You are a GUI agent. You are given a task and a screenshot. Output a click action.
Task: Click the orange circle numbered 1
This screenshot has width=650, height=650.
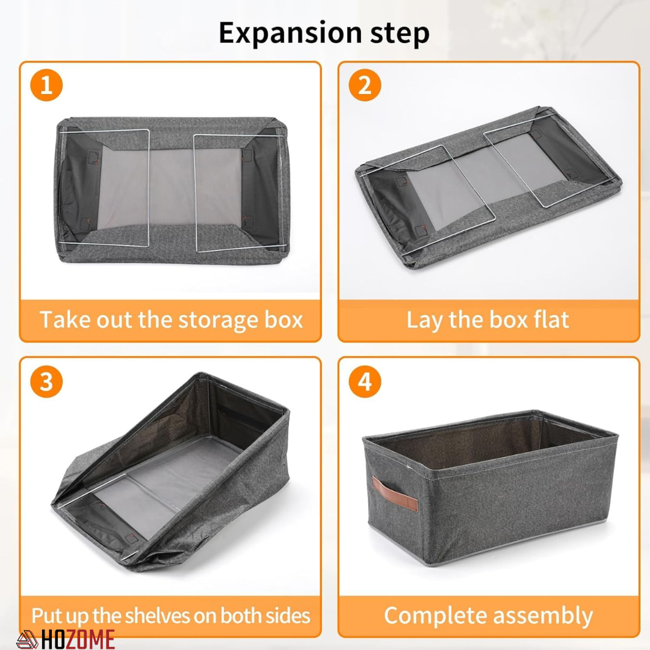point(46,85)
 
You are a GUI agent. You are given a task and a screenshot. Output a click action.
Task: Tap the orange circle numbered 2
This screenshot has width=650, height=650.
point(365,85)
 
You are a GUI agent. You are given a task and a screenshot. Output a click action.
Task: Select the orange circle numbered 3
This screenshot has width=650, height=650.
point(46,382)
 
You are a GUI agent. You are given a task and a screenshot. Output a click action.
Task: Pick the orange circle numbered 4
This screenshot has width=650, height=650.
point(365,382)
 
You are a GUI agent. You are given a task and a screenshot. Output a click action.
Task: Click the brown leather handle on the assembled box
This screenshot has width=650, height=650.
point(395,494)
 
